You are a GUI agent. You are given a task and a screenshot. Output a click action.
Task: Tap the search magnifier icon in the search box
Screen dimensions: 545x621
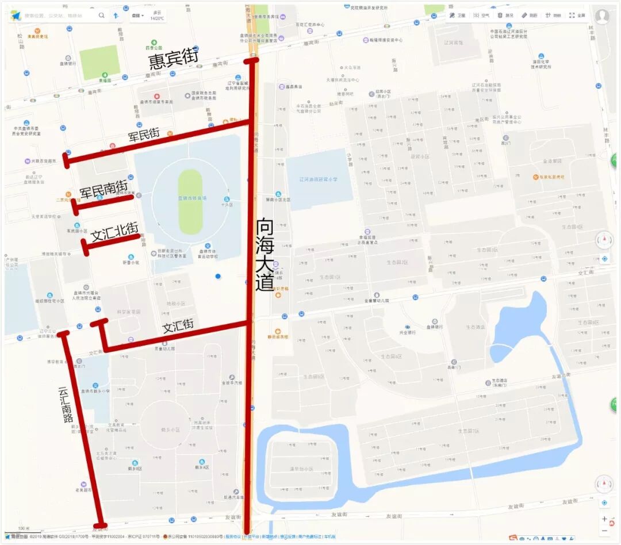click(102, 16)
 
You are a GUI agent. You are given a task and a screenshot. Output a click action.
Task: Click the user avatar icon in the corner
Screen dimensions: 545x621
click(602, 16)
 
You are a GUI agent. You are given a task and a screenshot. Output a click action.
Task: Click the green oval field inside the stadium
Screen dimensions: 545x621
click(190, 201)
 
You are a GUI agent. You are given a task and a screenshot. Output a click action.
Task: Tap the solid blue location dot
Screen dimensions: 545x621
click(217, 277)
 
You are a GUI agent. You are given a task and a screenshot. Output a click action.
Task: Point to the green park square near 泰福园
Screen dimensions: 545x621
click(99, 62)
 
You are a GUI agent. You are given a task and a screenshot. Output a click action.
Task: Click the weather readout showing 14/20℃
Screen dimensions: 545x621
click(157, 18)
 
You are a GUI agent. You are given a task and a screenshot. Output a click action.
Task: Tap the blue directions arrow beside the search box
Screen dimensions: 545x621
click(116, 16)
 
